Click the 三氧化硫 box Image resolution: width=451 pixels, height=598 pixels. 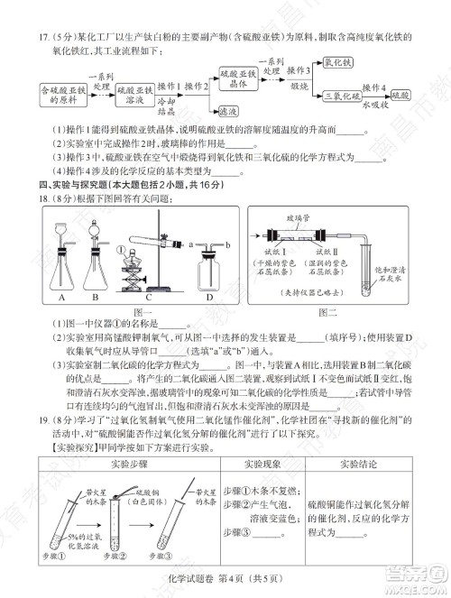[x=342, y=95]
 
